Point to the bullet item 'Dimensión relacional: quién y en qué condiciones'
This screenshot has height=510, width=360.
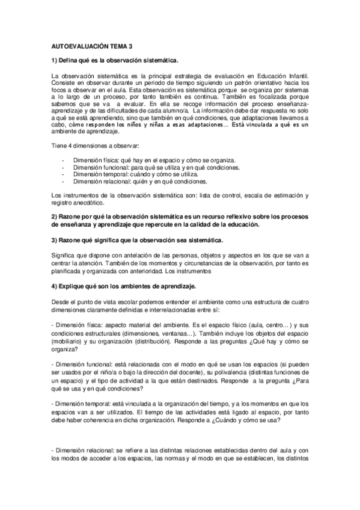(x=149, y=182)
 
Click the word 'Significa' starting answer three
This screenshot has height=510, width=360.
(x=65, y=256)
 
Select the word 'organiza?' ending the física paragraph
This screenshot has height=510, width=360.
(x=66, y=349)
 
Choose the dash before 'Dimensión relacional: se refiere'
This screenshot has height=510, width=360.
(x=53, y=450)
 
